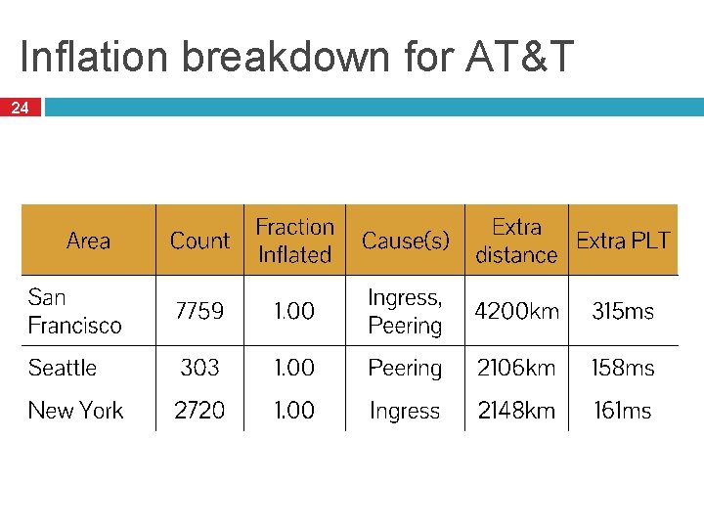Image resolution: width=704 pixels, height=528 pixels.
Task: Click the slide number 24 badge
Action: click(x=20, y=109)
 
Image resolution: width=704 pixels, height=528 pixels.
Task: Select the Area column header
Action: click(x=88, y=241)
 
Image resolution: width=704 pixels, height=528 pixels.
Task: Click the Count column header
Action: click(x=199, y=241)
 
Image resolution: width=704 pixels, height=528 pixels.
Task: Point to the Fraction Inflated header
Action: click(x=294, y=241)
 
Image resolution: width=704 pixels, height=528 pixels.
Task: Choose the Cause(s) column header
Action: click(x=406, y=241)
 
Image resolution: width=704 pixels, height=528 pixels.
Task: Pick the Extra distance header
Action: click(x=516, y=241)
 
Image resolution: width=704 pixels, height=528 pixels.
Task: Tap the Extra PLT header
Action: click(x=623, y=241)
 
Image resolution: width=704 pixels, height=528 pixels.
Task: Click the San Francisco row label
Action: click(x=75, y=311)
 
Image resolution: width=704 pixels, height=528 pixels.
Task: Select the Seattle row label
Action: click(x=63, y=368)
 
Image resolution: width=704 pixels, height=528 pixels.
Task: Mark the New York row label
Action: click(x=76, y=411)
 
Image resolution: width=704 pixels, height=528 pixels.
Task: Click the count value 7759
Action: click(x=199, y=311)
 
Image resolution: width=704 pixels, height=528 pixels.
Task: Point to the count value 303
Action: click(x=199, y=368)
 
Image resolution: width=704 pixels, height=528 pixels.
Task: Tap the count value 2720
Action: click(x=199, y=411)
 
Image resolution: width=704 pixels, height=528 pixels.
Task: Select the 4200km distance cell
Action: click(x=516, y=311)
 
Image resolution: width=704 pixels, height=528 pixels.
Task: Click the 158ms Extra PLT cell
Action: click(x=623, y=368)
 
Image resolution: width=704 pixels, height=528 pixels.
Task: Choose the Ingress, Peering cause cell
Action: click(x=405, y=311)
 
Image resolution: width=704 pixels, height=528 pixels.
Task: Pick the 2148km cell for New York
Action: click(x=516, y=411)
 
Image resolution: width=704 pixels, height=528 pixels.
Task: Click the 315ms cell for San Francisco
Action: click(x=623, y=311)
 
